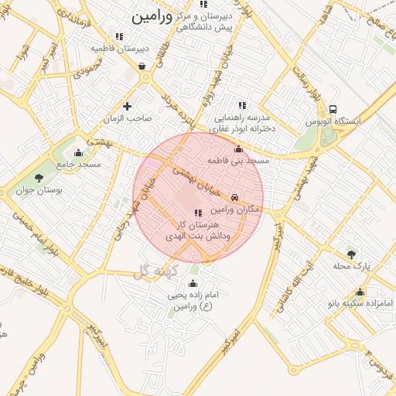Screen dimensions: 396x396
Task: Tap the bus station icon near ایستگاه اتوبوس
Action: point(333,109)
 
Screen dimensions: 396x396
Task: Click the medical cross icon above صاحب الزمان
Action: point(128,106)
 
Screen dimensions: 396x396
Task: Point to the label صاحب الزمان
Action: point(128,118)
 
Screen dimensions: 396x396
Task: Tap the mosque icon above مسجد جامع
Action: point(77,152)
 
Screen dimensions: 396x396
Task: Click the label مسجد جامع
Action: point(78,165)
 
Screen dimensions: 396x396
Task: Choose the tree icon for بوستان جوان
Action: point(39,178)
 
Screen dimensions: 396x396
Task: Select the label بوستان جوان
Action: point(39,190)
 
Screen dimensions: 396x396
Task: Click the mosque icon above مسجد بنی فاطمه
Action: point(238,148)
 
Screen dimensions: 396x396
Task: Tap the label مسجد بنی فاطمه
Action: point(238,161)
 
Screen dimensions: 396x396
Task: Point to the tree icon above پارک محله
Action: point(352,253)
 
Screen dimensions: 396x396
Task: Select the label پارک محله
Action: point(352,266)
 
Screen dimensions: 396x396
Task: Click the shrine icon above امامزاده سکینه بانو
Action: point(360,292)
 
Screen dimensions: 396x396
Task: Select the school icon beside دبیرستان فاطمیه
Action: point(118,36)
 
